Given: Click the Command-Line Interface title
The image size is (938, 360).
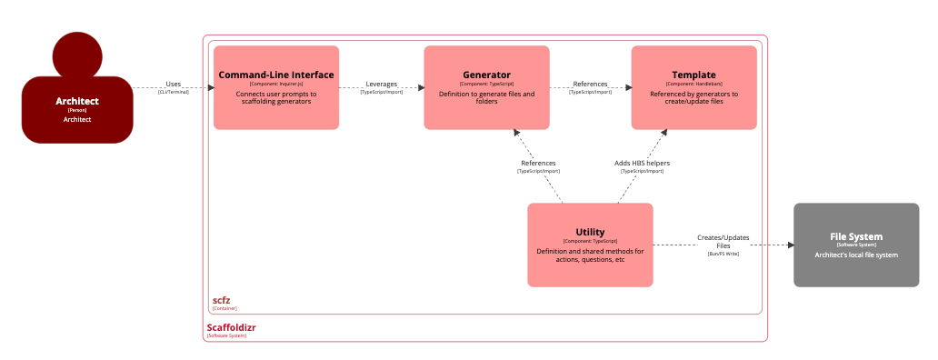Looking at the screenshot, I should tap(276, 75).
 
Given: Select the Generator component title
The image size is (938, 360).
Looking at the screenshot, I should tap(486, 75).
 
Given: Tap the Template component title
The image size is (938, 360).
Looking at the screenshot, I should tap(694, 75).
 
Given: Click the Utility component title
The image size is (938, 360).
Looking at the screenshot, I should tap(590, 232).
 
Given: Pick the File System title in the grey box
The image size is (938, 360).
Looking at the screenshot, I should tap(856, 236).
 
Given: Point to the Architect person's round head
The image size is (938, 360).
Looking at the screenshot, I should tap(77, 55).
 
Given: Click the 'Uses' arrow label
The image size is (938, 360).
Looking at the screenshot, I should tap(173, 84).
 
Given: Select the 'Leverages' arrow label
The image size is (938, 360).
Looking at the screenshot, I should tap(382, 84).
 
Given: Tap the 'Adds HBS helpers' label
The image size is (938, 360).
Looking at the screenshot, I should tap(642, 163).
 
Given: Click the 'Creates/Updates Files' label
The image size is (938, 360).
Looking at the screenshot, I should tap(723, 241).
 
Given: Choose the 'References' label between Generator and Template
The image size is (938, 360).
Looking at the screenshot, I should tap(590, 84).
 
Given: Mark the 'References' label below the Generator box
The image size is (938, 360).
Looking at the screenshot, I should tap(538, 163).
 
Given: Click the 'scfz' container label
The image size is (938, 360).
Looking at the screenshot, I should tap(222, 299).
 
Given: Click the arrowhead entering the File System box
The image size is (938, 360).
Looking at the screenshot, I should tap(788, 245).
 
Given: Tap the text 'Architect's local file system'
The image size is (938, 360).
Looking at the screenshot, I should tap(856, 255).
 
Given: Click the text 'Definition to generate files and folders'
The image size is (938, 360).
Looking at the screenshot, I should tap(486, 97).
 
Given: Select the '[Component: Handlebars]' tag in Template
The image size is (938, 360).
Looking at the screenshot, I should tap(694, 84).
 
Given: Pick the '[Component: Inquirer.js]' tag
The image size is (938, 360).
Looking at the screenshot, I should tap(276, 84).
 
